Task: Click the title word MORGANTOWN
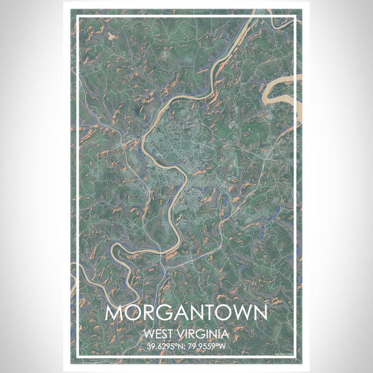click(x=186, y=313)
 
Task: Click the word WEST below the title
click(x=158, y=335)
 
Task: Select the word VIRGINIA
click(x=205, y=335)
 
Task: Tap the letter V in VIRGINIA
click(x=182, y=335)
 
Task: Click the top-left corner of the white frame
click(x=78, y=17)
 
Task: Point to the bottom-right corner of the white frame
click(x=295, y=356)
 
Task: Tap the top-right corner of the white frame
click(x=295, y=17)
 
